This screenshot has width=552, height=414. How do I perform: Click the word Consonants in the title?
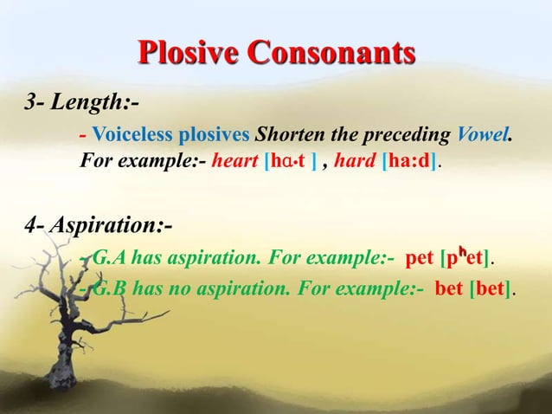[333, 53]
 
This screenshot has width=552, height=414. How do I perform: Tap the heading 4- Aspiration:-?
[99, 227]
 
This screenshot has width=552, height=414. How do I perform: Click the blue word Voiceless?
[132, 137]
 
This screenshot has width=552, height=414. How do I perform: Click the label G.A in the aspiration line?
[109, 258]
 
